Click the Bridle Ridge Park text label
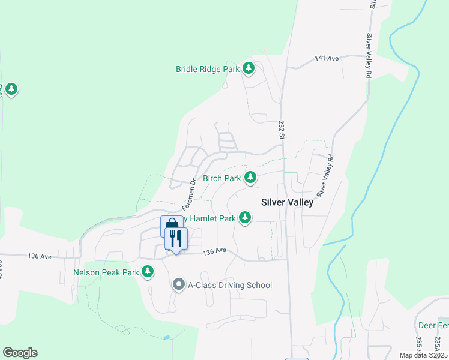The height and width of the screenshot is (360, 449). click(208, 69)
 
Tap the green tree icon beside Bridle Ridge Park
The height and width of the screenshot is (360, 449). click(249, 69)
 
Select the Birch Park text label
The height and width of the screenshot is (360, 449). click(221, 178)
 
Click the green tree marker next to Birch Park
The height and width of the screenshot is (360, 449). click(250, 178)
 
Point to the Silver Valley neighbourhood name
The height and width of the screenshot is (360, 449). click(287, 202)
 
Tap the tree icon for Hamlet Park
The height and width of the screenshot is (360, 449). click(244, 218)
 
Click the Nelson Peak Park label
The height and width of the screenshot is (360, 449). click(106, 272)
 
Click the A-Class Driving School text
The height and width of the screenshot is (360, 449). click(230, 285)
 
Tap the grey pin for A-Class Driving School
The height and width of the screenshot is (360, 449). click(178, 285)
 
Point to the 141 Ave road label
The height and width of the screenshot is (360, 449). click(327, 58)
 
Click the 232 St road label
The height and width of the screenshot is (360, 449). click(281, 130)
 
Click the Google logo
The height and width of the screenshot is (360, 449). click(20, 353)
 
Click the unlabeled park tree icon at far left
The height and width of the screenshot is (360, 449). click(11, 89)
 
